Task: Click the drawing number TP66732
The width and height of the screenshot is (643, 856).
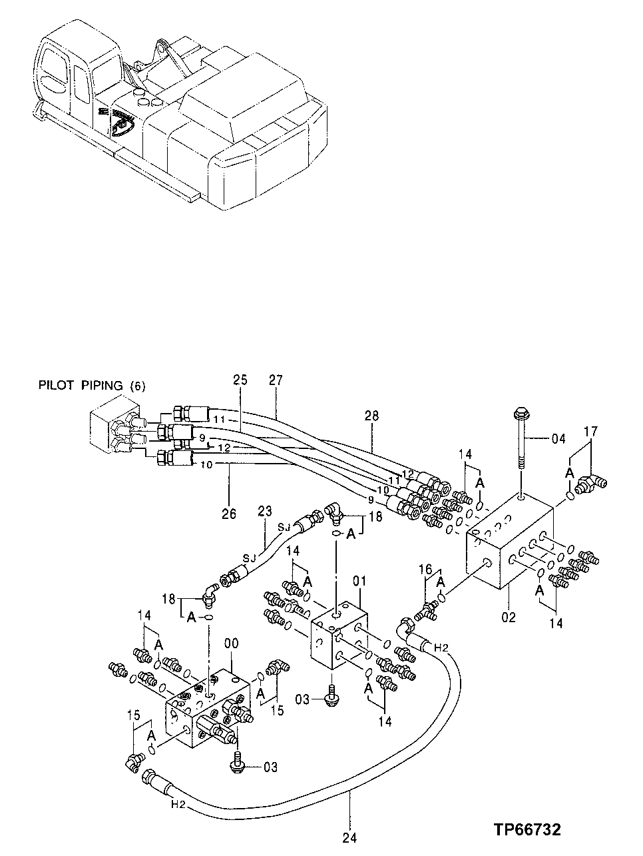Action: point(527,829)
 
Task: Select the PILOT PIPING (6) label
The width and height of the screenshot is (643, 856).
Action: point(92,385)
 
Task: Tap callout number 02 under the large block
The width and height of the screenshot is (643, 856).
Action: point(509,618)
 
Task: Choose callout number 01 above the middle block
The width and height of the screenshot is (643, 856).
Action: point(359,582)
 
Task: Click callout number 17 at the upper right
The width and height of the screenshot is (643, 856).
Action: point(590,432)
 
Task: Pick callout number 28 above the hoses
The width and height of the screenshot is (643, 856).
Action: point(371,416)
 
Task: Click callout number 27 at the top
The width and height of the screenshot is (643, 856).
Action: point(276,380)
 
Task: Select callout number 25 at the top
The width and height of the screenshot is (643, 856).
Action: point(240,380)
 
